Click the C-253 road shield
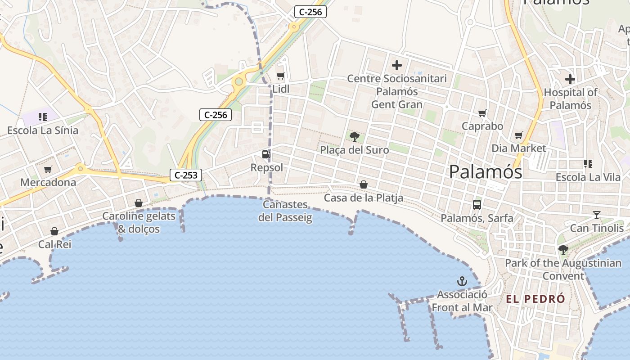(x=186, y=175)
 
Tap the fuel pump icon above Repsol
(x=266, y=154)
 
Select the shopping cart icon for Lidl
(x=281, y=76)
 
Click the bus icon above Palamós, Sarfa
(x=477, y=205)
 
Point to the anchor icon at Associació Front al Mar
(x=462, y=282)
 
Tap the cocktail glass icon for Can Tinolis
(x=597, y=215)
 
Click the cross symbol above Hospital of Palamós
(x=570, y=80)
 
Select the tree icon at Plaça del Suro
(x=355, y=136)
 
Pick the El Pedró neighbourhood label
(x=535, y=299)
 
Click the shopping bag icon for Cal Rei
(x=54, y=231)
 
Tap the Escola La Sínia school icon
(x=43, y=117)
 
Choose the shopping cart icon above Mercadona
(x=48, y=170)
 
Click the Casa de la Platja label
(x=364, y=198)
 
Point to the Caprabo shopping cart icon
(x=482, y=113)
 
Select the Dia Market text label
(x=519, y=148)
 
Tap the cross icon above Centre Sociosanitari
(x=397, y=65)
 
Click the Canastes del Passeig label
(x=285, y=211)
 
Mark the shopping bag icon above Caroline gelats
(x=139, y=203)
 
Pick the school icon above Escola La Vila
(x=588, y=164)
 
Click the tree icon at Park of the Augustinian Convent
(x=563, y=250)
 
